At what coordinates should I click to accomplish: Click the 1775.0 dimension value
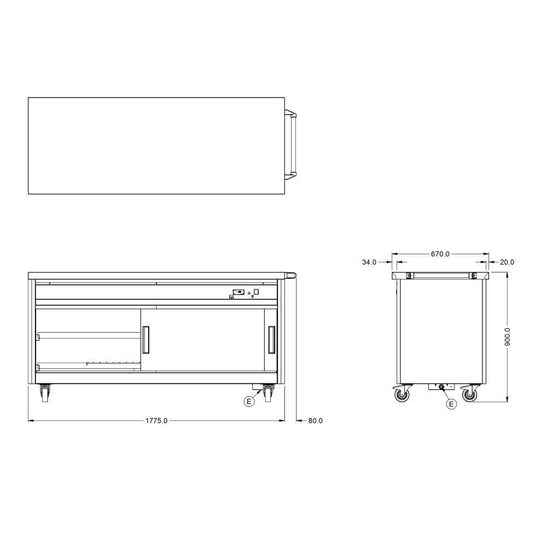[x=156, y=421]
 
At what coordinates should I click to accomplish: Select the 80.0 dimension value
[x=316, y=421]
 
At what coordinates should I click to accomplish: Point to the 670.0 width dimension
[x=440, y=254]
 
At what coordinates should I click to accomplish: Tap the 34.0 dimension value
[x=369, y=262]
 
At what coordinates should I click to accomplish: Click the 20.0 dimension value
[x=507, y=262]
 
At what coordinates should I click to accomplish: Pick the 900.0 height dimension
[x=507, y=337]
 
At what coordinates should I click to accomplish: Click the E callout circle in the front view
[x=249, y=401]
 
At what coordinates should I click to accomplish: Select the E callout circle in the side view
[x=451, y=404]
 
